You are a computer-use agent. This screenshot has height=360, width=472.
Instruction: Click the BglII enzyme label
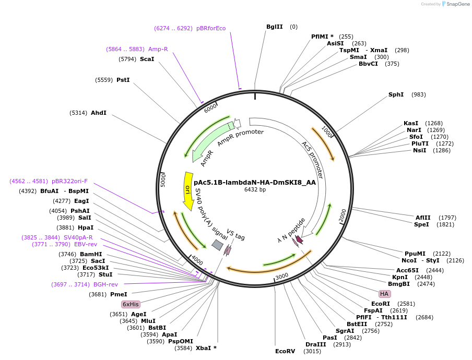point(274,27)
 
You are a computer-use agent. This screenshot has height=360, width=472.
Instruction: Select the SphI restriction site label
point(396,94)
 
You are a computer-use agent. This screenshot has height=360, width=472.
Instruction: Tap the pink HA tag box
point(385,294)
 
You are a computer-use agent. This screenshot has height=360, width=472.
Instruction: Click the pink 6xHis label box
point(131,304)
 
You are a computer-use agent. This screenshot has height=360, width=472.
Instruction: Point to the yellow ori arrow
point(187,191)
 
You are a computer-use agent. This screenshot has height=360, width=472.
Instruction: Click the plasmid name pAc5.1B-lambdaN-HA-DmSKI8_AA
point(255,183)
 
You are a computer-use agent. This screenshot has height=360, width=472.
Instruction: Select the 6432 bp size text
point(255,190)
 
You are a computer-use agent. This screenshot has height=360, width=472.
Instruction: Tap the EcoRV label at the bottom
point(285,351)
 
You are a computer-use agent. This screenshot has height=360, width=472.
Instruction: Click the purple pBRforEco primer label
point(211,28)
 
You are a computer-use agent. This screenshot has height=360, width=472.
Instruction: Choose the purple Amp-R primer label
point(158,49)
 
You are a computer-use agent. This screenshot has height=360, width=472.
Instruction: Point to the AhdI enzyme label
point(98,113)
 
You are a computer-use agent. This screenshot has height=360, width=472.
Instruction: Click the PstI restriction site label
point(123,80)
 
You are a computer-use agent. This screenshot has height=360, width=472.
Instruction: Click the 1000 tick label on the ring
point(327,131)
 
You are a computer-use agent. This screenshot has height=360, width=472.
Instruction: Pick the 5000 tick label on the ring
point(163,181)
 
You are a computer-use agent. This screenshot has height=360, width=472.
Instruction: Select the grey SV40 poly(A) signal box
point(218,245)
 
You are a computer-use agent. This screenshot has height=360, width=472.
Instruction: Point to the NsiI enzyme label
point(419,150)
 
